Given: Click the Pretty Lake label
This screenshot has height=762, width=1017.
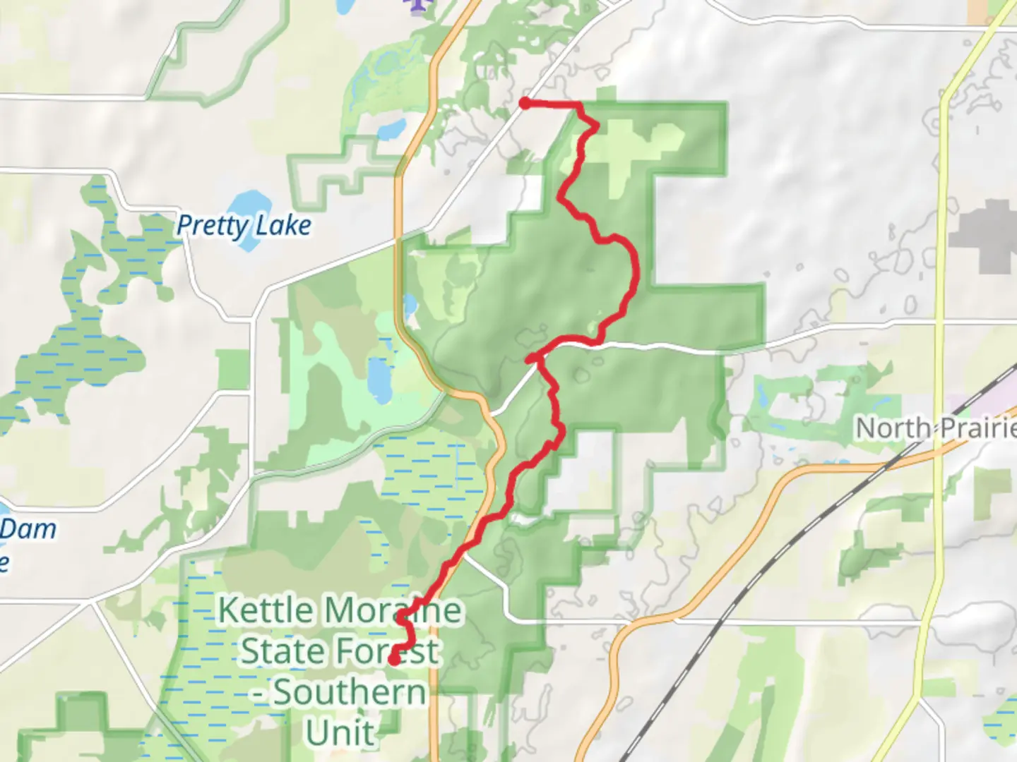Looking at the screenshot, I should pos(244,226).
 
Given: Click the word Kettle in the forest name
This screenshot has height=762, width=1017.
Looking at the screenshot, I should pos(265,610).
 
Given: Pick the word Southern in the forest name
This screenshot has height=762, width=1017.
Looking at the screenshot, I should pos(350,692).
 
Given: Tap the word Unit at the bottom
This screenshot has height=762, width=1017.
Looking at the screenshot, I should pos(340,733).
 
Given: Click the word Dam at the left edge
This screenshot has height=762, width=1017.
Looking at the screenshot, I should pos(28,528).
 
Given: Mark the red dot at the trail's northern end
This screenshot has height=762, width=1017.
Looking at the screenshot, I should pos(525,104).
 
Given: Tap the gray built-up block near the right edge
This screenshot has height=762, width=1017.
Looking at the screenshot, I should pos(989,236).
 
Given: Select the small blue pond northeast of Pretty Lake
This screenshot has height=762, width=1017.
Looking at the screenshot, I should pos(391,129).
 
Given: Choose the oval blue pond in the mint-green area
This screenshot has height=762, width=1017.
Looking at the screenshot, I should pos(379,379).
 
